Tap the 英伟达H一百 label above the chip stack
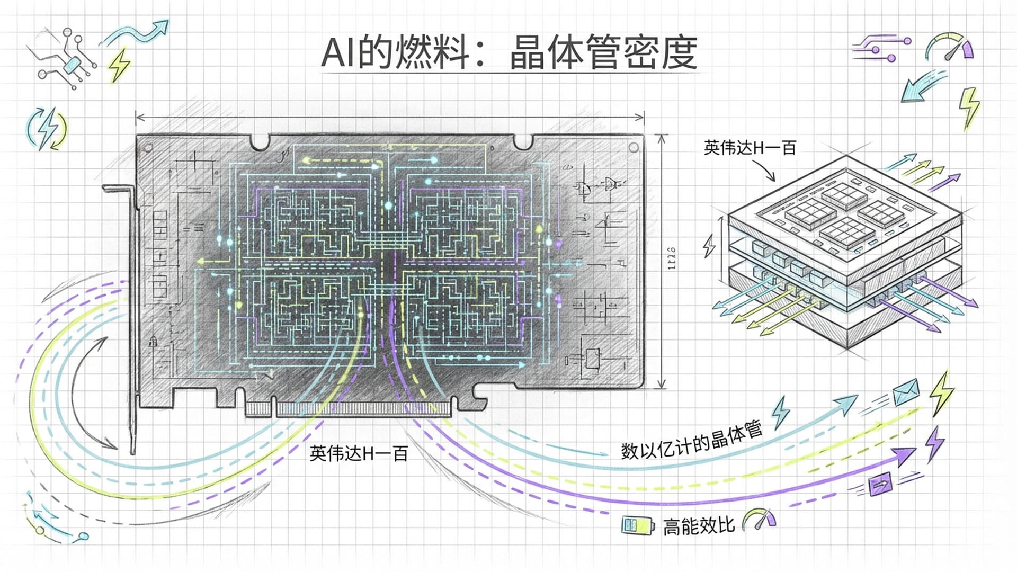(750, 148)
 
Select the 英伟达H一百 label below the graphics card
(359, 454)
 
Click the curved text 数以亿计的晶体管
(691, 441)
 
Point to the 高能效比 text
(698, 526)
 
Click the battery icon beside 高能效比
(637, 525)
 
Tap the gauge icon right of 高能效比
(759, 520)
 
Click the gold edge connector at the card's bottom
(350, 409)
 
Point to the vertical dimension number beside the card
(671, 258)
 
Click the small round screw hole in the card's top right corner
(632, 147)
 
